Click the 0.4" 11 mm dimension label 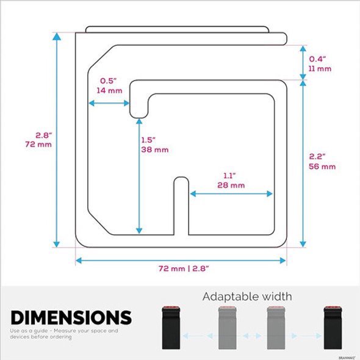[x=320, y=63]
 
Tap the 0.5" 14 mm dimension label [x=108, y=85]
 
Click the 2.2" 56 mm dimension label [x=322, y=161]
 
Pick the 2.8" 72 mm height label [x=43, y=140]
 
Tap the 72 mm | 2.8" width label [x=181, y=268]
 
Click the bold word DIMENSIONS [x=71, y=317]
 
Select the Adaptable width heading [x=247, y=297]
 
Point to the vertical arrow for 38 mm [x=140, y=177]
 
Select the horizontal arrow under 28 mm [x=231, y=193]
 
